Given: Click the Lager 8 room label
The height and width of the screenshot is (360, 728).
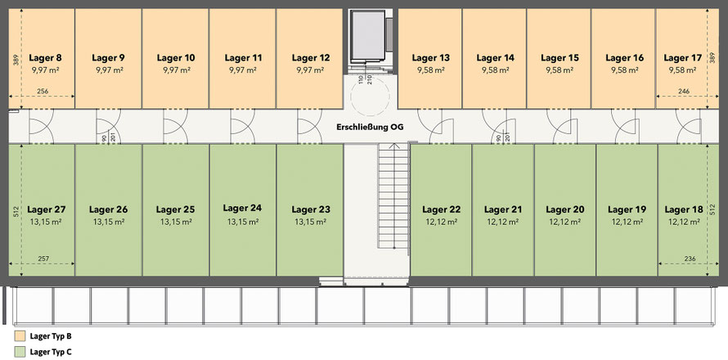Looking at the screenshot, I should coord(46,58).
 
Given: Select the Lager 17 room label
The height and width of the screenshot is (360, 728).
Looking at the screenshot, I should coord(682,58).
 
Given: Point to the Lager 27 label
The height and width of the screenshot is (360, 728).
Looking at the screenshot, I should coord(46,209).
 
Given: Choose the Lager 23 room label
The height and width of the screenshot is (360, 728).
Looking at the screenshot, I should coord(311,209).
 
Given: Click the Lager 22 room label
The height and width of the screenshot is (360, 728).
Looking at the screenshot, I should coord(443,209).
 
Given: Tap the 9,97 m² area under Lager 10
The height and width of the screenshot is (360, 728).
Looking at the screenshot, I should coord(177,71).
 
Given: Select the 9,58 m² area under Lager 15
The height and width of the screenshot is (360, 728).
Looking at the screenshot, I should coord(561,71).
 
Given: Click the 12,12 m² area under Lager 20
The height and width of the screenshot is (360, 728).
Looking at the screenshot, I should coord(564,222).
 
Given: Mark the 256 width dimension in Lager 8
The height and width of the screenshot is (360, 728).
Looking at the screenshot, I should coord(43,92).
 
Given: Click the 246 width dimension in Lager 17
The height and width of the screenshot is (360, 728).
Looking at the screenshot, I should coord(684,92).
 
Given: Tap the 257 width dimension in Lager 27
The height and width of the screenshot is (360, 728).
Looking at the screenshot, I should coord(43,259).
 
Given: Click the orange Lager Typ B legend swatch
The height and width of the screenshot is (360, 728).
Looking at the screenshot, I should coord(19,336).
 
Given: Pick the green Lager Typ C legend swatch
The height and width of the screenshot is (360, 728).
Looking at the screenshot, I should coord(19,351).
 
